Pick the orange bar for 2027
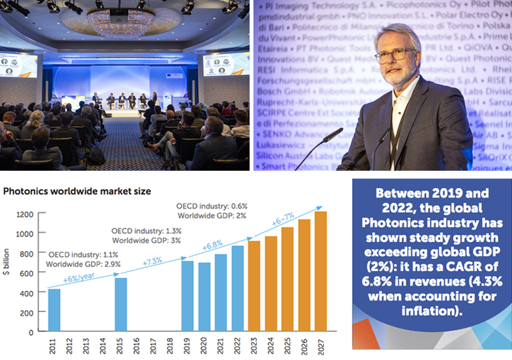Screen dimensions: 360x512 click(320, 271)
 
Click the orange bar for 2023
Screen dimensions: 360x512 click(253, 286)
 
